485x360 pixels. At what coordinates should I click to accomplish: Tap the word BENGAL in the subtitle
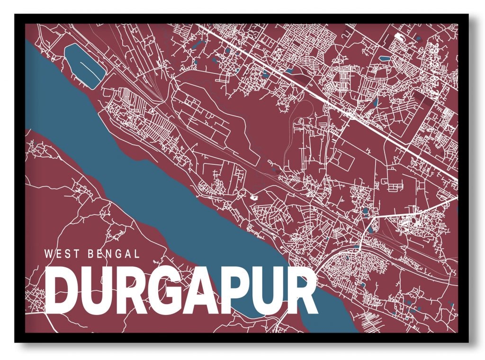point(114,254)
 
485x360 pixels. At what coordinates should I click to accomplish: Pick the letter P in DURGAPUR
point(231,290)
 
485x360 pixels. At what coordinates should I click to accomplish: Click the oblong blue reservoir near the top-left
point(84,65)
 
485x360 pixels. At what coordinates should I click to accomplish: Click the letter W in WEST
point(48,254)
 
